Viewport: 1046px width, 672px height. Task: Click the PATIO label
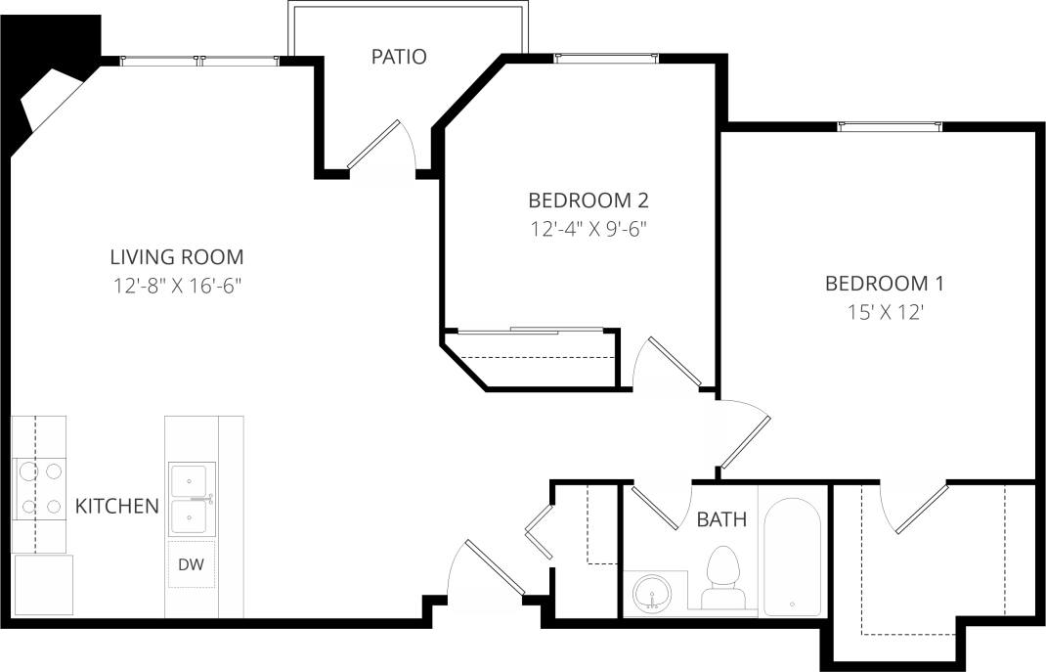[398, 57]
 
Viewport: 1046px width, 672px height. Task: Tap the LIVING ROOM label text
[176, 257]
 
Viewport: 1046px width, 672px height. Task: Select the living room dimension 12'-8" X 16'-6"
[176, 287]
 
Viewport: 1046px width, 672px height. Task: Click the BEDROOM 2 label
[588, 201]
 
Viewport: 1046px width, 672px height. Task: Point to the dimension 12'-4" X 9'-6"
[588, 230]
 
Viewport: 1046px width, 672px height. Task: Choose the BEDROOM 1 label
[884, 284]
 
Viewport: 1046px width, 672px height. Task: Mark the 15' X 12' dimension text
[884, 313]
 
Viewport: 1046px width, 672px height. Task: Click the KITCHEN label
[116, 507]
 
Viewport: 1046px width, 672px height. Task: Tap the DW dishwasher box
[191, 564]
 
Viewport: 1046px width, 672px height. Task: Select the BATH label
[721, 519]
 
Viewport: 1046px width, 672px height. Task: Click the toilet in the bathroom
[724, 578]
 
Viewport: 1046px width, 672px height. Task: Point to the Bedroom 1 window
[890, 125]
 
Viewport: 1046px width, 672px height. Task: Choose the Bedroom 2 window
[606, 59]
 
